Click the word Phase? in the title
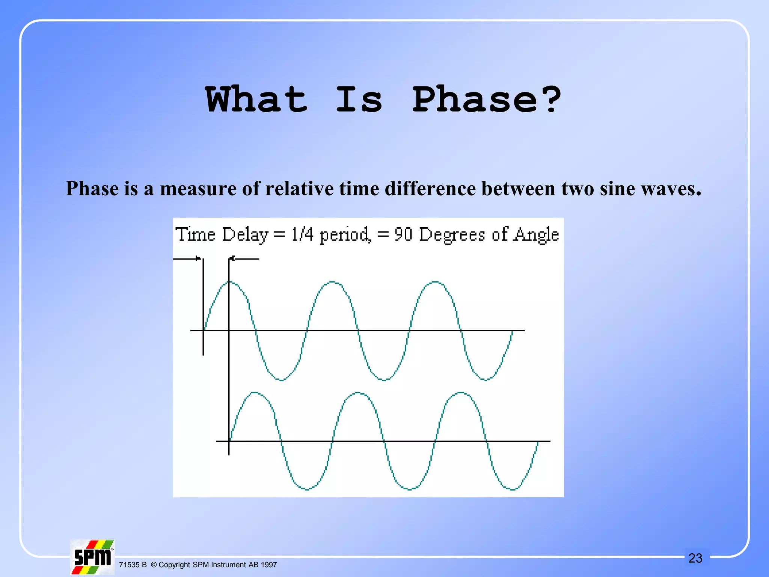pyautogui.click(x=486, y=100)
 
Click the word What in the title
pyautogui.click(x=256, y=100)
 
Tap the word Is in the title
pyautogui.click(x=359, y=100)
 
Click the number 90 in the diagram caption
pyautogui.click(x=403, y=234)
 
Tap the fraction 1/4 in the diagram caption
pyautogui.click(x=302, y=234)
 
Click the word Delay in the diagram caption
pyautogui.click(x=245, y=235)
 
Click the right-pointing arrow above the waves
pyautogui.click(x=187, y=258)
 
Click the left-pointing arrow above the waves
pyautogui.click(x=244, y=258)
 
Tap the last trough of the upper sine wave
pyautogui.click(x=486, y=380)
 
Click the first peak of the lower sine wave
pyautogui.click(x=255, y=393)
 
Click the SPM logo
pyautogui.click(x=92, y=557)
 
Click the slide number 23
pyautogui.click(x=695, y=558)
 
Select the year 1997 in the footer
pyautogui.click(x=268, y=565)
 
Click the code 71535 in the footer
pyautogui.click(x=129, y=565)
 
